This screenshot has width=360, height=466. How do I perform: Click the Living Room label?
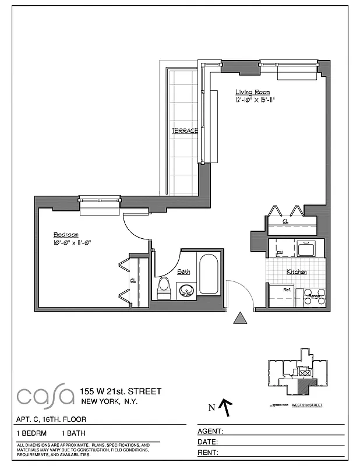[x=253, y=92]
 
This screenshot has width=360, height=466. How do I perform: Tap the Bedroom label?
[x=66, y=235]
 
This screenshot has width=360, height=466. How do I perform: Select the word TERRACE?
[x=185, y=131]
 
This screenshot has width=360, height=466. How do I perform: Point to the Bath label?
[x=183, y=271]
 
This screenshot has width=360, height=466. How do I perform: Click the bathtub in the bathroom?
[x=209, y=273]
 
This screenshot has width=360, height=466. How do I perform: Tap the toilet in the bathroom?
[x=163, y=288]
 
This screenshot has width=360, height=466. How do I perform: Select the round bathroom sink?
[x=186, y=290]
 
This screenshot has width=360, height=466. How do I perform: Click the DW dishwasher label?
[x=280, y=252]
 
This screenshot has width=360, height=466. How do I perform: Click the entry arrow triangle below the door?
[x=239, y=318]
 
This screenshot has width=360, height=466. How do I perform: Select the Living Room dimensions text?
[x=255, y=100]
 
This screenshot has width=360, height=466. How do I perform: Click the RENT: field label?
[x=209, y=453]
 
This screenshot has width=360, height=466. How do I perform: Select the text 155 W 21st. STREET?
[x=121, y=391]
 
